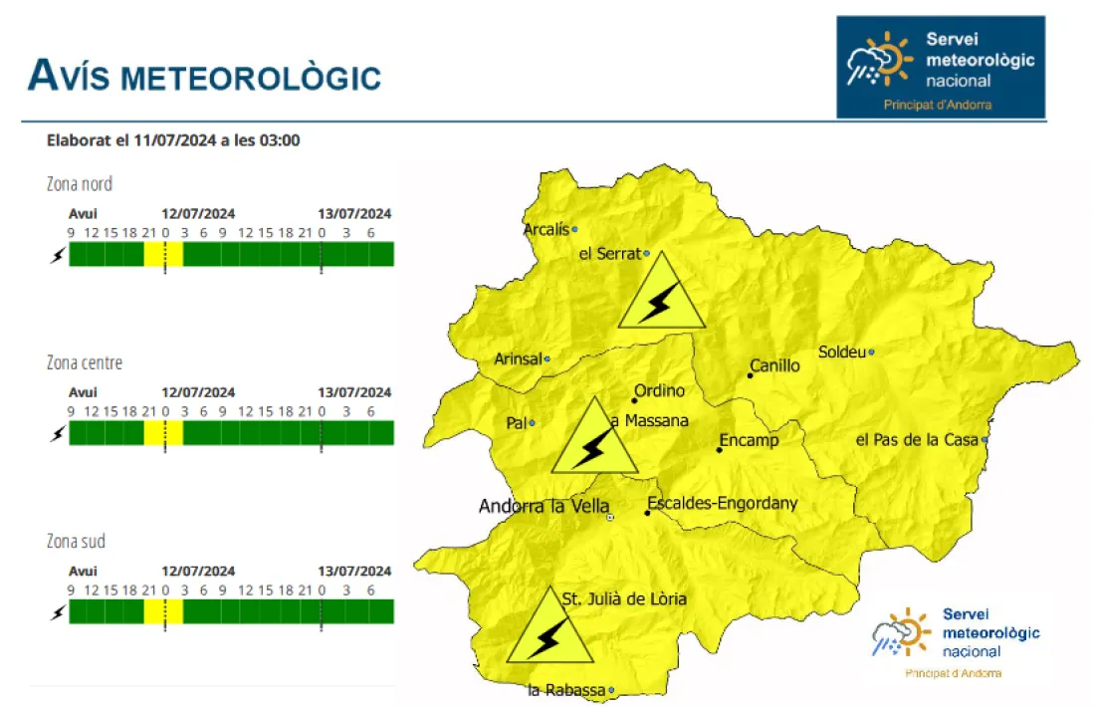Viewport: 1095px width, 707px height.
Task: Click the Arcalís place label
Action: point(547,230)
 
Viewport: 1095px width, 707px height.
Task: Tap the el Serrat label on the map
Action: point(609,254)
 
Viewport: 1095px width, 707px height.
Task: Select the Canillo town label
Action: point(774,365)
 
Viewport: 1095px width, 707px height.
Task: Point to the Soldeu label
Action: point(841,352)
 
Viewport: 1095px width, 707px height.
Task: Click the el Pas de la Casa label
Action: point(917,439)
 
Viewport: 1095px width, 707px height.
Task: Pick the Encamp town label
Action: point(749,440)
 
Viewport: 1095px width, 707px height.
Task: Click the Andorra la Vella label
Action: point(544,506)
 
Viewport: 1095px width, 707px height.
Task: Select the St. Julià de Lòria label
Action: point(624,598)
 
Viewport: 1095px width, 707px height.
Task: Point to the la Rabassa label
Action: point(565,690)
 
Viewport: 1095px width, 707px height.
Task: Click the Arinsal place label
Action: point(518,358)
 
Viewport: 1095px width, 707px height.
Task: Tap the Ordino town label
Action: point(659,390)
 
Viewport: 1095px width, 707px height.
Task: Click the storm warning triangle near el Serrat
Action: point(661,295)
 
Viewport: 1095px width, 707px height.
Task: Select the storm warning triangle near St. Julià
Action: point(548,630)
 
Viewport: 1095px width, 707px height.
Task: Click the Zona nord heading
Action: point(80,183)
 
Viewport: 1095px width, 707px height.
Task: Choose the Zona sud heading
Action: point(76,542)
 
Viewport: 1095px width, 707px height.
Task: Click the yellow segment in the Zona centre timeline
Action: point(163,433)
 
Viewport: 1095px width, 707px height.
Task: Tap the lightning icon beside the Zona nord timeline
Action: point(57,255)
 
